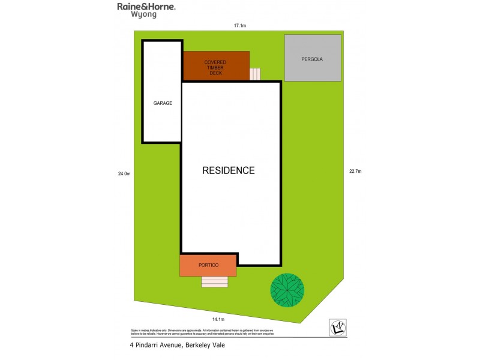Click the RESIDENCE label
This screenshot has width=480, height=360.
click(x=228, y=170)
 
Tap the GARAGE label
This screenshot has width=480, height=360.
click(x=163, y=103)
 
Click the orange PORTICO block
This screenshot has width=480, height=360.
click(x=208, y=265)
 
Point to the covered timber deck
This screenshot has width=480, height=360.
click(x=215, y=66)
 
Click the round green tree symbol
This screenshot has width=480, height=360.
click(x=287, y=290)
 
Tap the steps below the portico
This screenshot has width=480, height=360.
click(x=215, y=282)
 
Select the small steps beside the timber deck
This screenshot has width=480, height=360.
click(x=255, y=74)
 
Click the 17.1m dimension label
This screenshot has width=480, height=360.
click(x=240, y=26)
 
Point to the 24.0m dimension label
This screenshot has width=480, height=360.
click(x=124, y=174)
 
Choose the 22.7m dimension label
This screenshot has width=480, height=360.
click(x=355, y=172)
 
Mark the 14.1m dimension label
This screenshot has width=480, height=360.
click(x=218, y=319)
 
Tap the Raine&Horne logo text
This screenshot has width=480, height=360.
click(x=146, y=7)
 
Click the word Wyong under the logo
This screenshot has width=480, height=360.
click(x=144, y=15)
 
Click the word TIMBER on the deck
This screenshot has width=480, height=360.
click(x=215, y=67)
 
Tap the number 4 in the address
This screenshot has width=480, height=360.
click(x=131, y=345)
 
